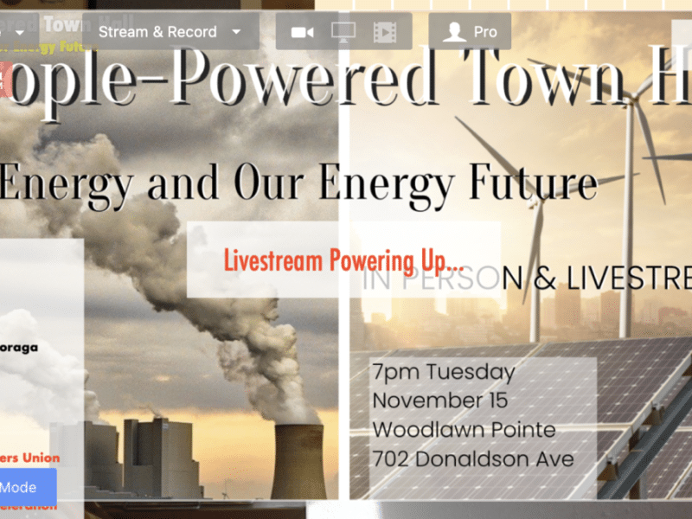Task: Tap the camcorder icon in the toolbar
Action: [x=302, y=32]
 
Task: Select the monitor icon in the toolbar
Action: [x=343, y=32]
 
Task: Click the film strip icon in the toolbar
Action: [x=384, y=32]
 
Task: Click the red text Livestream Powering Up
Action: [x=343, y=259]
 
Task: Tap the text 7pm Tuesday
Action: [x=444, y=373]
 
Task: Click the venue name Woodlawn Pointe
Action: [x=464, y=430]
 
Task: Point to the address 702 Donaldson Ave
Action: [x=473, y=458]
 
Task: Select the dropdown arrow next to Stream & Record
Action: [x=237, y=32]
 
